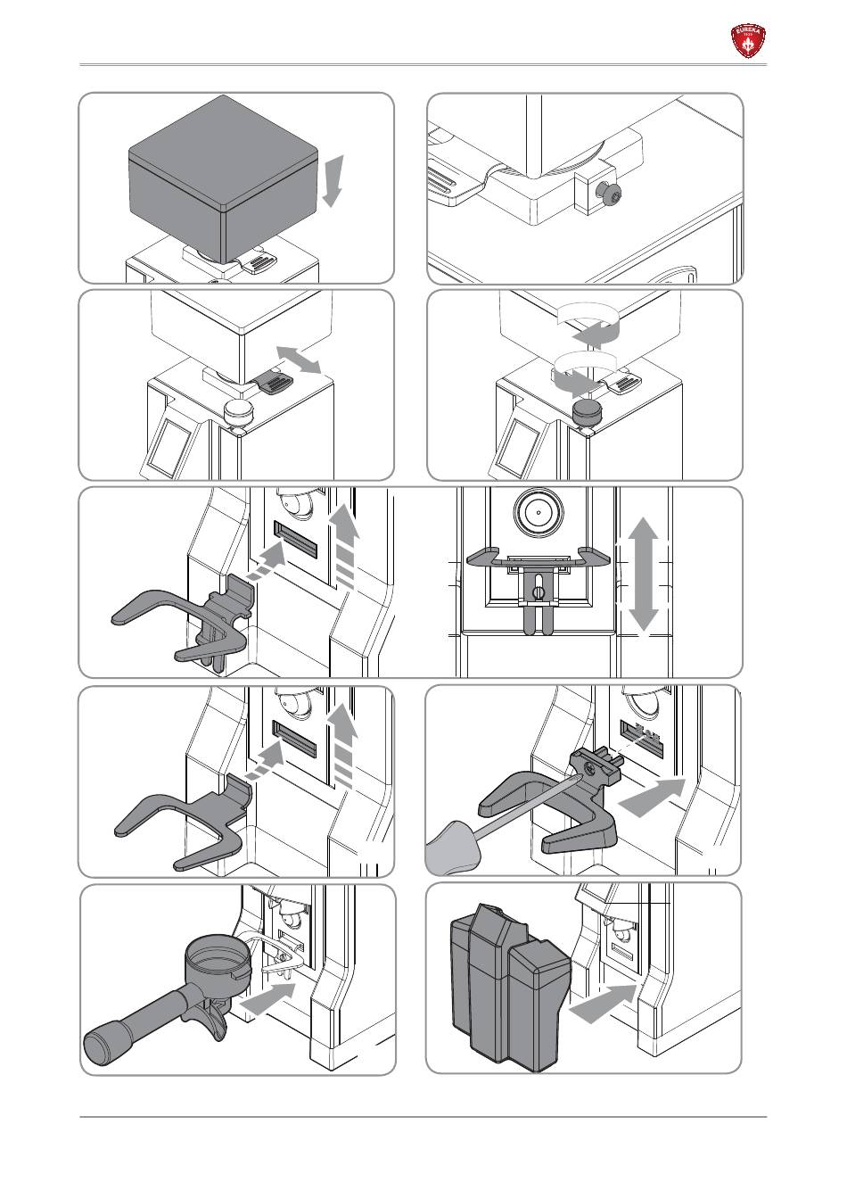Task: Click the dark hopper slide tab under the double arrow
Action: click(273, 383)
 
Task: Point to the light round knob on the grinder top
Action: click(238, 412)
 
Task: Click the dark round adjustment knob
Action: click(587, 412)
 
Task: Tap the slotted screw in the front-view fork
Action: click(538, 591)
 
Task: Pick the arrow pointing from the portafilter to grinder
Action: click(268, 998)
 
